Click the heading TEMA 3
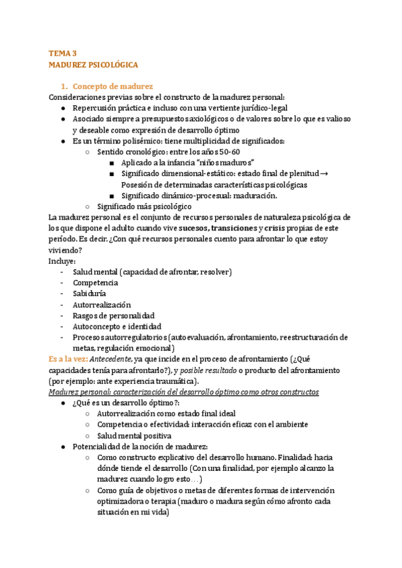click(x=63, y=52)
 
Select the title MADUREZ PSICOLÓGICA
click(x=94, y=65)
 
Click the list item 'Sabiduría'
click(x=89, y=293)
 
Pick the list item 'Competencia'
click(x=95, y=283)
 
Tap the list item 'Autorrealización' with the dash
click(x=102, y=304)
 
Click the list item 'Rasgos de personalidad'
click(x=113, y=315)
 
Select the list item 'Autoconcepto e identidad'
click(x=117, y=326)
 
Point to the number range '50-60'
click(x=228, y=151)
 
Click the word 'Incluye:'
click(x=62, y=261)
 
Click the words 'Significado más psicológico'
click(x=144, y=206)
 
